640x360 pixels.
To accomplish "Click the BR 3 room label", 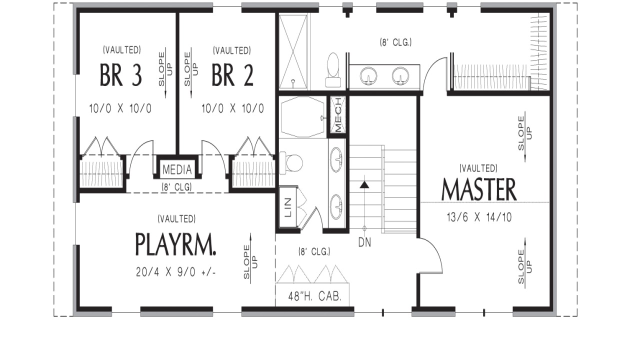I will (x=121, y=75).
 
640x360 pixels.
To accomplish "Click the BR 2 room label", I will (x=232, y=75).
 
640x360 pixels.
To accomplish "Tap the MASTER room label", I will (x=478, y=190).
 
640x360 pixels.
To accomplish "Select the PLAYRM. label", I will (x=176, y=244).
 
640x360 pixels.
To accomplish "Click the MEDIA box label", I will (x=177, y=170).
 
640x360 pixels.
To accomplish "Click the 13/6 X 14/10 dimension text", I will (x=478, y=217).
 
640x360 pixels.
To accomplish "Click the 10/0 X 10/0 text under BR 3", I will (x=121, y=108).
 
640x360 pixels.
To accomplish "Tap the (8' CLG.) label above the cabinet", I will (x=314, y=251).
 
